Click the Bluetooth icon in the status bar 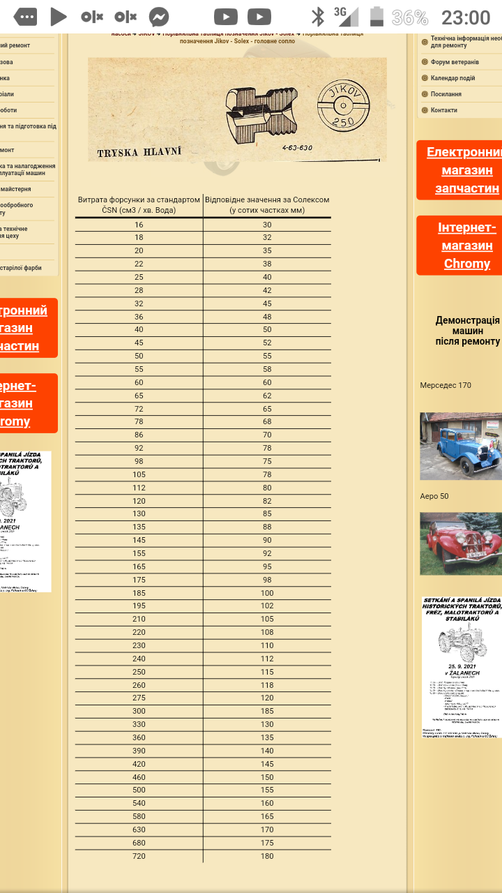(x=318, y=17)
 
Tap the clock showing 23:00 (x=466, y=17)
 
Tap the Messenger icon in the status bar (x=159, y=17)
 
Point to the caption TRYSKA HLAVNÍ (x=139, y=152)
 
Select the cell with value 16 (x=139, y=225)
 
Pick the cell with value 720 (x=139, y=856)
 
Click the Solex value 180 (x=267, y=856)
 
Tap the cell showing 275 (x=139, y=698)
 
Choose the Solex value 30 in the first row (x=267, y=225)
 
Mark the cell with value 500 (x=139, y=790)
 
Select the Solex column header (x=267, y=204)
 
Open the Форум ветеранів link (x=455, y=62)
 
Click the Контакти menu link (x=443, y=110)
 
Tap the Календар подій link (x=452, y=78)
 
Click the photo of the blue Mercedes (x=460, y=446)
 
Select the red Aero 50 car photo (x=460, y=543)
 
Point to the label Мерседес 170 (x=446, y=385)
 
